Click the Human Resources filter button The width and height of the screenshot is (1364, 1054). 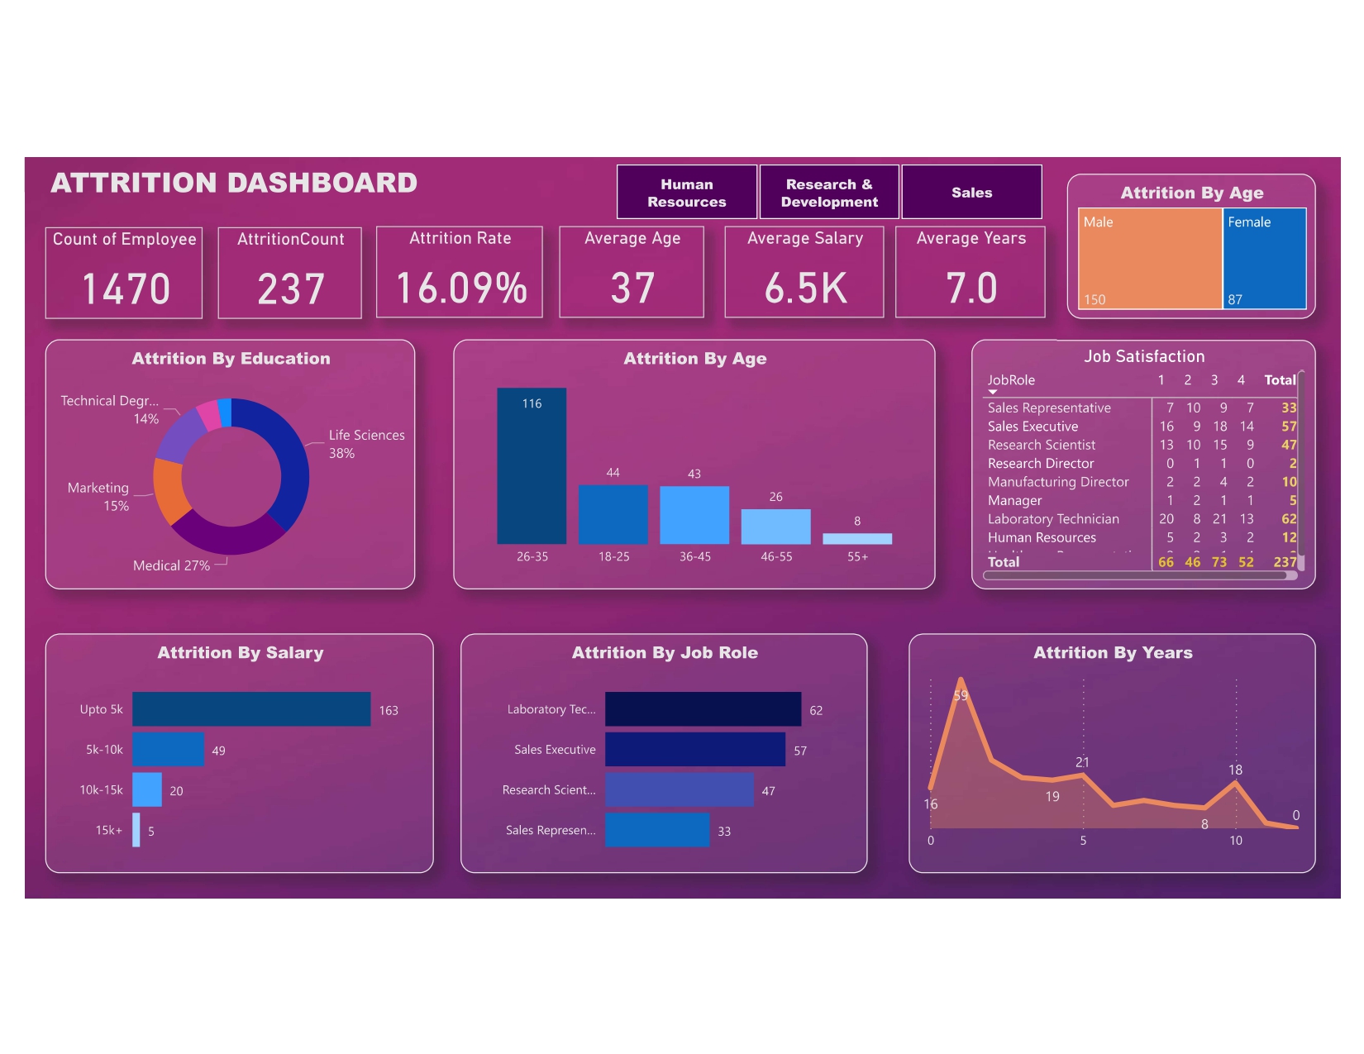pyautogui.click(x=686, y=193)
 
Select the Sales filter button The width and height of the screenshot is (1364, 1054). pyautogui.click(x=971, y=193)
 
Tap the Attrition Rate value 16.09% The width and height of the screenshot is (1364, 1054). pyautogui.click(x=460, y=289)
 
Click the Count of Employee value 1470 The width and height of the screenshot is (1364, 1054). pyautogui.click(x=126, y=289)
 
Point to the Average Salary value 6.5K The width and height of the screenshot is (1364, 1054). pyautogui.click(x=805, y=289)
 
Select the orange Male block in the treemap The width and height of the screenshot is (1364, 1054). pyautogui.click(x=1150, y=259)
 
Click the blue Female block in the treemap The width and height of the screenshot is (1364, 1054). pyautogui.click(x=1264, y=259)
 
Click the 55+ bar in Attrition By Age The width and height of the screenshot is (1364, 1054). pyautogui.click(x=857, y=539)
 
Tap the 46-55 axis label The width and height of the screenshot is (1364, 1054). pyautogui.click(x=776, y=557)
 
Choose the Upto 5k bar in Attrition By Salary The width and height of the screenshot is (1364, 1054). pyautogui.click(x=251, y=709)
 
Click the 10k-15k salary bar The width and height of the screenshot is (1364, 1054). pyautogui.click(x=147, y=789)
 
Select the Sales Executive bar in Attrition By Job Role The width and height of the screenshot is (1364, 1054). pyautogui.click(x=694, y=750)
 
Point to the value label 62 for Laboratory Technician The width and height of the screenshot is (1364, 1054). pyautogui.click(x=816, y=711)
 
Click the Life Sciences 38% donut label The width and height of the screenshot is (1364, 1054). pyautogui.click(x=366, y=444)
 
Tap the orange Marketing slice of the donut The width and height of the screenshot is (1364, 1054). pyautogui.click(x=168, y=490)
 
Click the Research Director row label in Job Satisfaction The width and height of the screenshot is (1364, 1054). pyautogui.click(x=1041, y=464)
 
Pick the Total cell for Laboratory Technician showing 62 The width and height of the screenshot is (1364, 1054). pyautogui.click(x=1289, y=519)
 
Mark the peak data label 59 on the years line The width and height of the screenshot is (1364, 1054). pyautogui.click(x=961, y=696)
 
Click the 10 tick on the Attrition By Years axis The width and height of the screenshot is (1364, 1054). pyautogui.click(x=1236, y=841)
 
